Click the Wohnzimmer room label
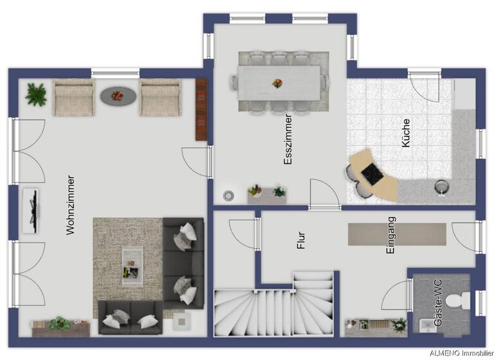point(71,204)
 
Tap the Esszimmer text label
point(288,140)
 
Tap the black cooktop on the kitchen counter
point(372,173)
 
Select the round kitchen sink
point(441,186)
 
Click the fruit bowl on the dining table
point(277,84)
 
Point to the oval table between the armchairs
point(117,96)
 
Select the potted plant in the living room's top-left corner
point(36,94)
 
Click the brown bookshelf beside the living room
point(201,109)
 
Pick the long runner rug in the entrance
point(397,234)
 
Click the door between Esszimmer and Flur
point(325,195)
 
